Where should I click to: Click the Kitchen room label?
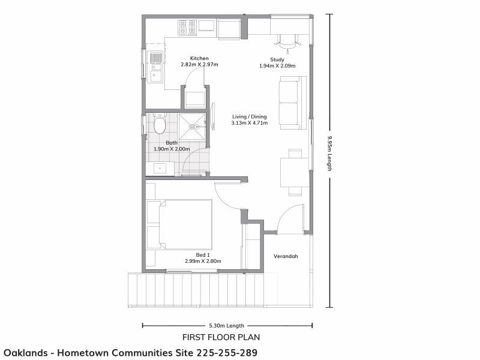pyautogui.click(x=199, y=58)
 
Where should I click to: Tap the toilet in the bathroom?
pyautogui.click(x=160, y=124)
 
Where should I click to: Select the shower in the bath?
pyautogui.click(x=192, y=126)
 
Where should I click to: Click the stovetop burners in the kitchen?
pyautogui.click(x=187, y=28)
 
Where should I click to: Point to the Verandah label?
pyautogui.click(x=286, y=257)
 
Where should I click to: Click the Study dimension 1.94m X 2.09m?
pyautogui.click(x=277, y=66)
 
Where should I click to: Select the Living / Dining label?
pyautogui.click(x=249, y=116)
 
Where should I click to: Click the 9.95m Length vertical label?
pyautogui.click(x=329, y=153)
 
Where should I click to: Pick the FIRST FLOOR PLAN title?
pyautogui.click(x=221, y=337)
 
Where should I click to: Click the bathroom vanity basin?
pyautogui.click(x=160, y=169)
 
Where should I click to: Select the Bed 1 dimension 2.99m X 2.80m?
pyautogui.click(x=204, y=262)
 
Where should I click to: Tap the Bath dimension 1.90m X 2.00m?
pyautogui.click(x=172, y=149)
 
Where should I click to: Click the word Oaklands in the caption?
pyautogui.click(x=26, y=352)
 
